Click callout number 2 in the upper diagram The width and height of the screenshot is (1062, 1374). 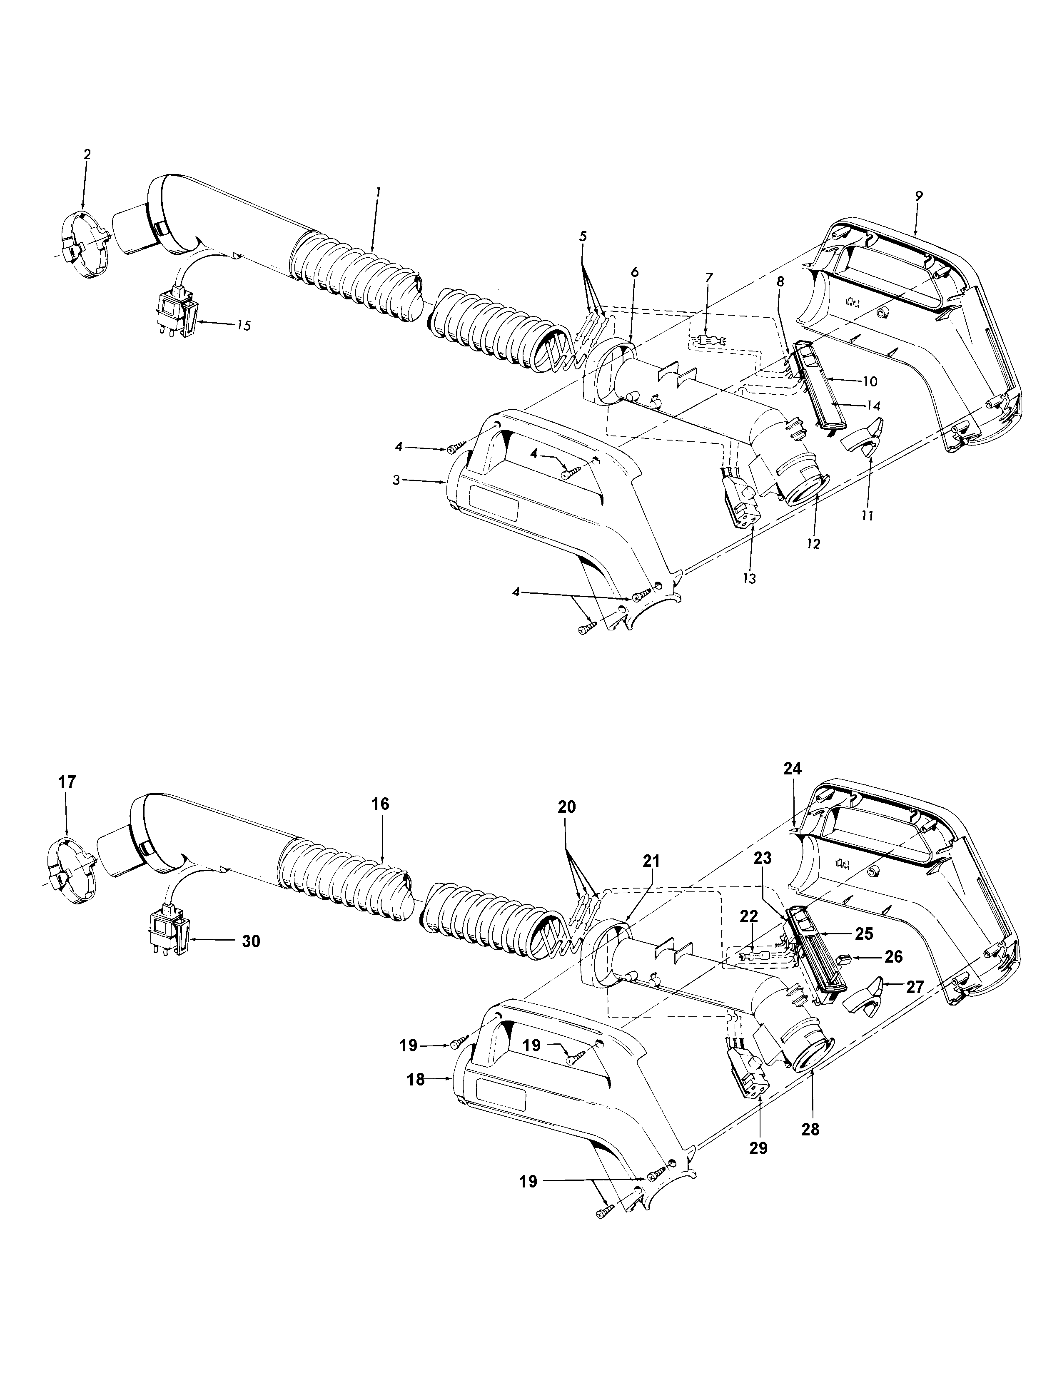pos(87,154)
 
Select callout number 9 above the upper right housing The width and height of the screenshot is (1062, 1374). pos(919,196)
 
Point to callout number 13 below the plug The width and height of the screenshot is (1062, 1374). pos(749,577)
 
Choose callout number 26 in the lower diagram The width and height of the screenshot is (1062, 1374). pos(893,957)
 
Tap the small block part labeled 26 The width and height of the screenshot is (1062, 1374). pos(845,958)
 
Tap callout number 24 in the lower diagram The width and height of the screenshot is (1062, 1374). pos(793,768)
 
